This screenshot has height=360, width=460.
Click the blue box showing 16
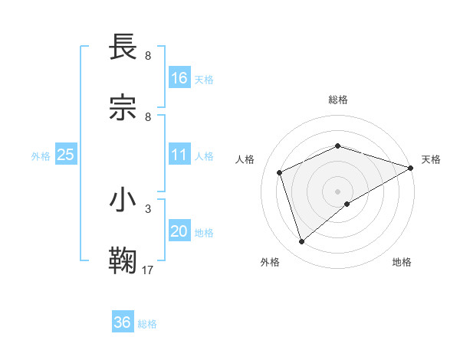click(179, 78)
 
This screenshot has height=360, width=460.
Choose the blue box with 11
click(179, 155)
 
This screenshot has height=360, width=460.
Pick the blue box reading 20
click(179, 232)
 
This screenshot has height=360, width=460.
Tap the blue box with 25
click(66, 155)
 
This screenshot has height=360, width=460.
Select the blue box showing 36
click(123, 322)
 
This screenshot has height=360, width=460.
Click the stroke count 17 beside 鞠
click(148, 270)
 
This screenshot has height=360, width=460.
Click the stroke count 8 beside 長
click(148, 56)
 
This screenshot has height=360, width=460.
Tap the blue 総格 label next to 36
click(147, 324)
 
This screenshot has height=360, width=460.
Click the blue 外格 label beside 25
click(41, 156)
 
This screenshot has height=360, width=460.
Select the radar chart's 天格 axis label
click(431, 159)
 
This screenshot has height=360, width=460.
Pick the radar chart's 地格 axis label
click(402, 262)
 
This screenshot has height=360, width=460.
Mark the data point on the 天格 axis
click(412, 167)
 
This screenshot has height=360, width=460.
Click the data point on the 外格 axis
click(301, 242)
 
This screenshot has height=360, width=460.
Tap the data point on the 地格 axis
click(347, 204)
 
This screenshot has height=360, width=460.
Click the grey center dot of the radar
click(337, 191)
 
